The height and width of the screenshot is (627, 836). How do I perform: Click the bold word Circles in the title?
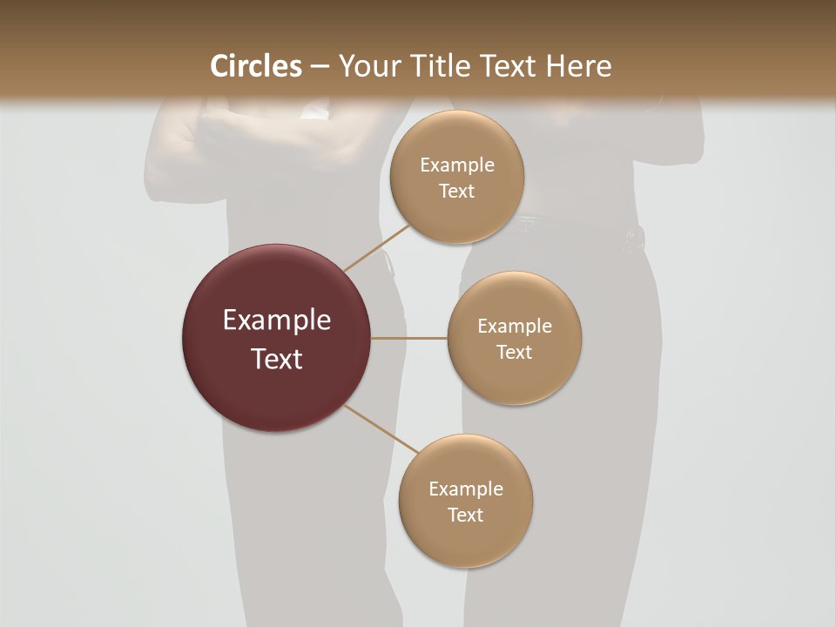tap(255, 66)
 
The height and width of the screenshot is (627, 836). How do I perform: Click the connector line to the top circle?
tap(377, 247)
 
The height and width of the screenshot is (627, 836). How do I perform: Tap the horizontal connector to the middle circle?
tap(409, 338)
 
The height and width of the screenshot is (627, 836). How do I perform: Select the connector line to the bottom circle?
tap(381, 428)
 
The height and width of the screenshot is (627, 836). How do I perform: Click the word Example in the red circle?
tap(277, 320)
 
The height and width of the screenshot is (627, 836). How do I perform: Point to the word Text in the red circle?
tap(277, 359)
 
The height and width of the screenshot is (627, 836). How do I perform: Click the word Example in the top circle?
tap(457, 165)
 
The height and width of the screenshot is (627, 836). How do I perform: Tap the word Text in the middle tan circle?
tap(514, 352)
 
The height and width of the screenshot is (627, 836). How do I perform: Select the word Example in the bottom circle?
tap(466, 489)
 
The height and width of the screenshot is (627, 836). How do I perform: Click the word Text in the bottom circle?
tap(466, 515)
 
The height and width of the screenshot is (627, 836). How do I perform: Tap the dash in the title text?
tap(320, 67)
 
